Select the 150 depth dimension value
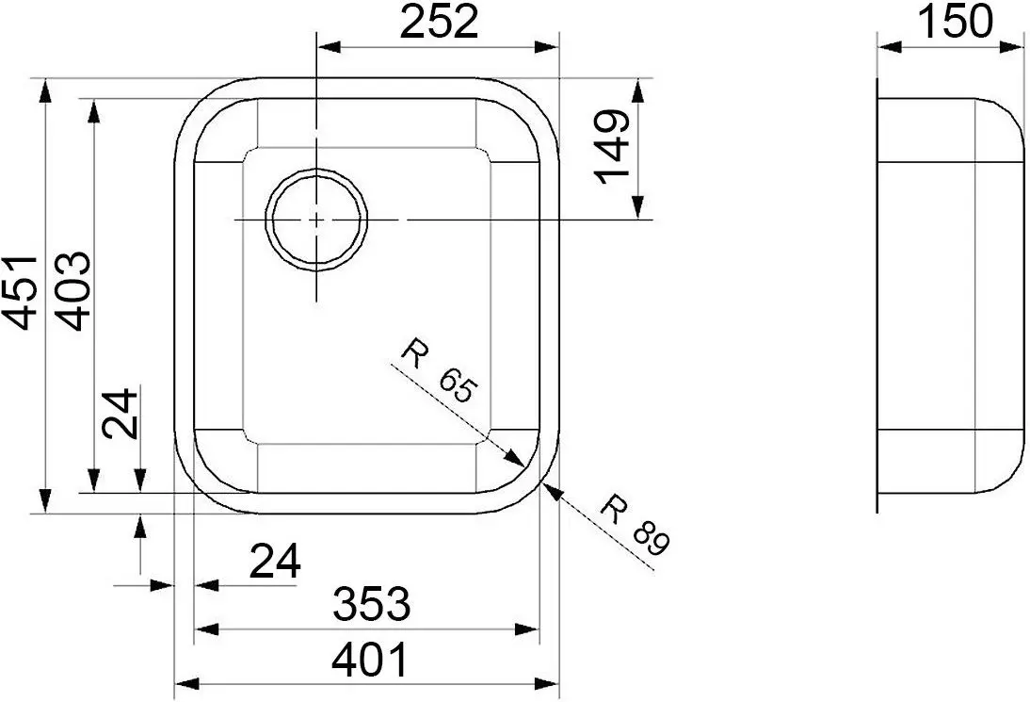(954, 21)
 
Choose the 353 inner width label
(371, 603)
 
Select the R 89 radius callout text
(636, 523)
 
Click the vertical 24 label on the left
(121, 414)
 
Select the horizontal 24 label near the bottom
(275, 563)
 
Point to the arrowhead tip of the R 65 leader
(523, 465)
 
